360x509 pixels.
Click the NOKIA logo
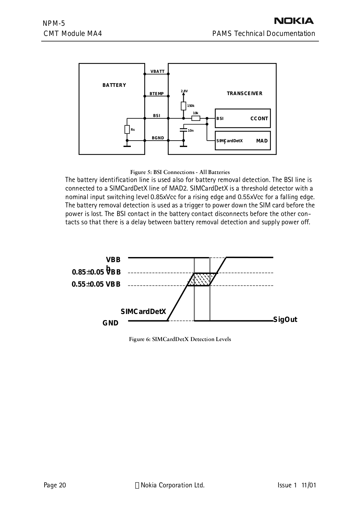click(294, 21)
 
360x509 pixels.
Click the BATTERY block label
click(114, 85)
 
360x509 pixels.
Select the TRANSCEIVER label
click(244, 94)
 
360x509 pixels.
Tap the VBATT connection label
click(157, 72)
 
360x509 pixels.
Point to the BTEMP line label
click(157, 94)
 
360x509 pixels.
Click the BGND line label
click(158, 138)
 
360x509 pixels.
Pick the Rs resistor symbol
click(127, 129)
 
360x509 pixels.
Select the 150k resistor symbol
click(183, 106)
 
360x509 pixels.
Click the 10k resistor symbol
click(196, 118)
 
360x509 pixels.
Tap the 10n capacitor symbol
click(183, 130)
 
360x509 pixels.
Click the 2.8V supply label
click(184, 91)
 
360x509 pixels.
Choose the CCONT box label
click(259, 119)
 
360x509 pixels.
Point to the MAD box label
click(262, 141)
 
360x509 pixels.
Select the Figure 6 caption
click(180, 339)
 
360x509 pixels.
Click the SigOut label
click(285, 320)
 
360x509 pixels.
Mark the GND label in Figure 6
click(110, 323)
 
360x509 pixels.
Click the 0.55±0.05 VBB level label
click(96, 284)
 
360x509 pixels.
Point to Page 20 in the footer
click(55, 485)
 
